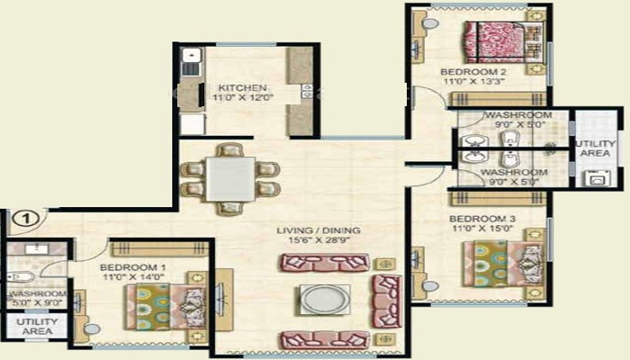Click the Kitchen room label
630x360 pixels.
click(240, 86)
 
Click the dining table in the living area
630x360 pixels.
click(229, 177)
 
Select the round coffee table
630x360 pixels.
click(323, 300)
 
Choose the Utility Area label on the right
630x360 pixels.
click(596, 148)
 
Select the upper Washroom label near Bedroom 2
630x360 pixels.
click(517, 116)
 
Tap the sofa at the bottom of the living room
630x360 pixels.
click(323, 339)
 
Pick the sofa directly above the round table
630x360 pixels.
click(324, 263)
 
